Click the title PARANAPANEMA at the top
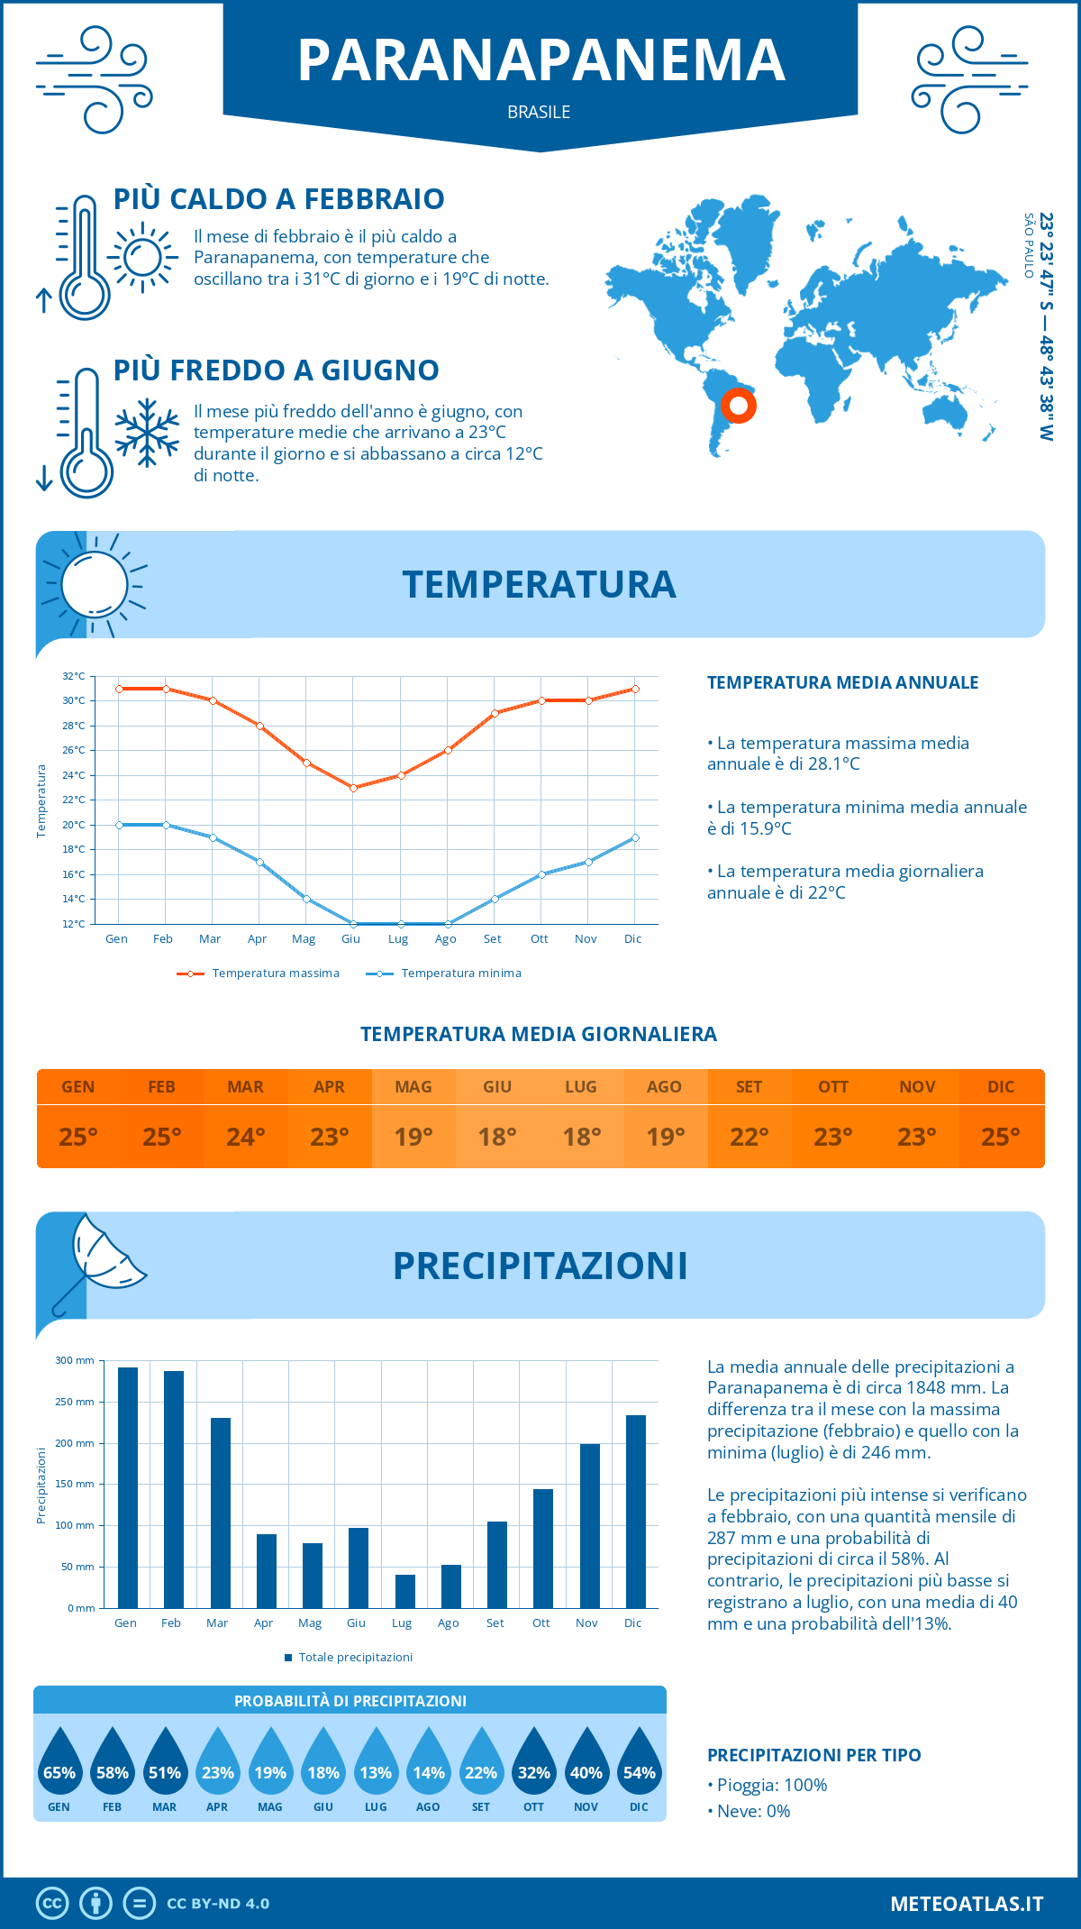coord(540,60)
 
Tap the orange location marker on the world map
coord(739,406)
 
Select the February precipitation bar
coord(174,1489)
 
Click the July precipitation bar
coord(405,1591)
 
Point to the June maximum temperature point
coord(353,788)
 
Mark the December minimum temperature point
coord(635,837)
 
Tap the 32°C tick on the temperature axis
coord(74,676)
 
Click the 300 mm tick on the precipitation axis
coord(75,1360)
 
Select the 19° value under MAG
coord(413,1137)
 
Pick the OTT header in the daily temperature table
coord(833,1087)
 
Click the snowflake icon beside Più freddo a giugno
coord(147,433)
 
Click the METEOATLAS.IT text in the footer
coord(967,1904)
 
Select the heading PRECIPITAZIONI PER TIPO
coord(813,1755)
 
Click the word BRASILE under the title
coord(539,112)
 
